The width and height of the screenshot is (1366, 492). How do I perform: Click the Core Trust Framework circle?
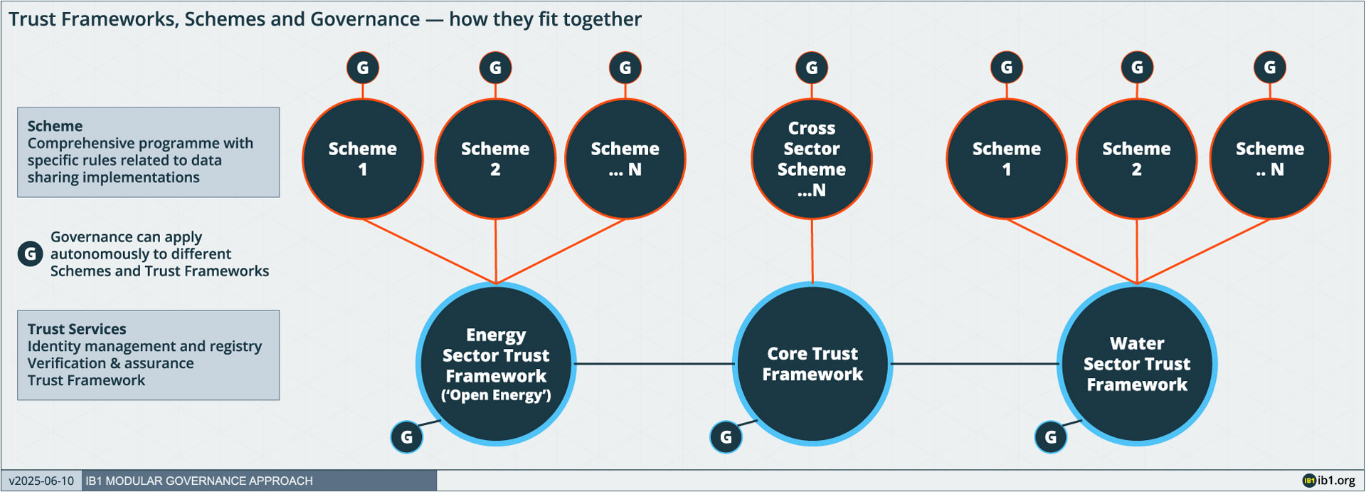812,364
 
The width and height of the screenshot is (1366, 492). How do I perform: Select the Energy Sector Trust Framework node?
496,364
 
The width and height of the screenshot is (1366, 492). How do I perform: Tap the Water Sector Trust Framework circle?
1137,364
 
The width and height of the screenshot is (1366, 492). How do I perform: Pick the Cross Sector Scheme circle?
812,159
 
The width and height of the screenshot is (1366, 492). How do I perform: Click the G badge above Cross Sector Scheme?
812,68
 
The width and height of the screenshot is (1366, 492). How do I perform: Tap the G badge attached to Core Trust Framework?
726,437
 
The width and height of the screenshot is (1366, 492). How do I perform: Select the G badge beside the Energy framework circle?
407,437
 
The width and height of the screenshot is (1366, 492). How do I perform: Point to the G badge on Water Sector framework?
1051,437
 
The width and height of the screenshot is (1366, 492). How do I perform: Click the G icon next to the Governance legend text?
30,253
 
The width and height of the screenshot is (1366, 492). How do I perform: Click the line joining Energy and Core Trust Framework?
655,364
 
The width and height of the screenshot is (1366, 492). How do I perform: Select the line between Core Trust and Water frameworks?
975,364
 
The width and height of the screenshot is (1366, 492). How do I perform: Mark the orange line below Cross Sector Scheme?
812,251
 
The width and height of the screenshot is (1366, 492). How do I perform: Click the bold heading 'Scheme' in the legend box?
55,126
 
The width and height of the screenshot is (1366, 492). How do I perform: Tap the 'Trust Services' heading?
77,329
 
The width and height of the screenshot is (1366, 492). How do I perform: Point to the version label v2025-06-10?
41,481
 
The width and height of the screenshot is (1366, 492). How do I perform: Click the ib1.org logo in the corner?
1329,481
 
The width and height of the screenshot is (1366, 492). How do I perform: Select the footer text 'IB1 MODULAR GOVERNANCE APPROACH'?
199,481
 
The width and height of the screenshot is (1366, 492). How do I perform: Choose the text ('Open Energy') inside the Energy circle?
496,396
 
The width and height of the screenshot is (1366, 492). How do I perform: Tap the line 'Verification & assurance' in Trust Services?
110,363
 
